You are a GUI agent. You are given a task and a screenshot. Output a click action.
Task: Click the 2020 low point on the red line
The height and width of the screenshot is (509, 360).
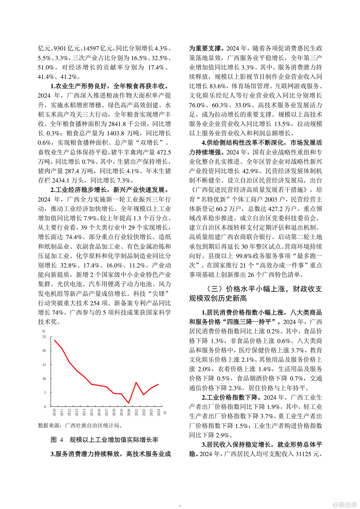(129, 403)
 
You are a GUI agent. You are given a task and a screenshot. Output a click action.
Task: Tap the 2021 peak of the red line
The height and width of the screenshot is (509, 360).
(136, 382)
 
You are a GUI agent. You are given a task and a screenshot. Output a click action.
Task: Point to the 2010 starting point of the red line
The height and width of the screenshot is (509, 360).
(54, 340)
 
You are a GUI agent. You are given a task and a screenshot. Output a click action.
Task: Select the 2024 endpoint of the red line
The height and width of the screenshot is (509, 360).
(158, 384)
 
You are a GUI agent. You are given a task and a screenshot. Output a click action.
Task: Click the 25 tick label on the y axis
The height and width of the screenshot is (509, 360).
(44, 337)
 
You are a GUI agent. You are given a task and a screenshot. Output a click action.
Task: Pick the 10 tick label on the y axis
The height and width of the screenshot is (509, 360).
(44, 379)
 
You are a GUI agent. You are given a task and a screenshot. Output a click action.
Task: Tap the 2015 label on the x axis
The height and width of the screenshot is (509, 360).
(92, 412)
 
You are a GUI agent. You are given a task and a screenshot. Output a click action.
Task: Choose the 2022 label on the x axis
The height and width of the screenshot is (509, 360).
(144, 412)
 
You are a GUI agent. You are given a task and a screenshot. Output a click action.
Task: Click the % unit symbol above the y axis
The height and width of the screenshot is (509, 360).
(43, 331)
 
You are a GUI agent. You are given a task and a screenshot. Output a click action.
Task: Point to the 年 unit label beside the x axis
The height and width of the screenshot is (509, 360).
(165, 413)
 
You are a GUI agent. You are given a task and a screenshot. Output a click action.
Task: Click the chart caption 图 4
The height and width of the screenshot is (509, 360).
(57, 440)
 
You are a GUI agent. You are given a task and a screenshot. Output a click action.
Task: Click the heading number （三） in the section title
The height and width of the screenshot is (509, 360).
(214, 289)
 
